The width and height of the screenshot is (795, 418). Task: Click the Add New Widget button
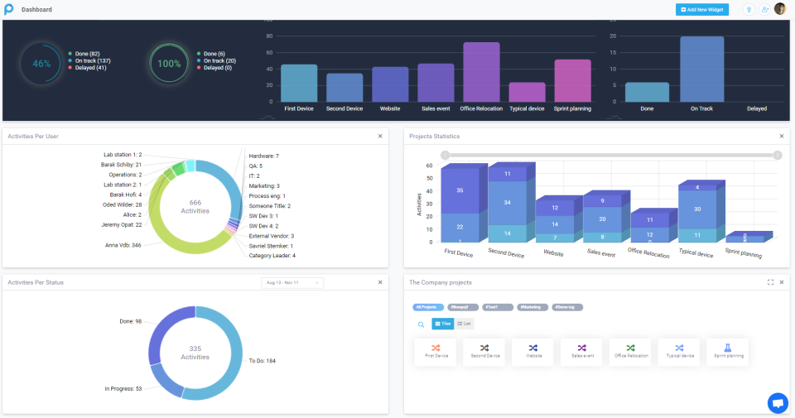click(702, 9)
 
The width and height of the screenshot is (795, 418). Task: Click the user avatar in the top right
click(779, 9)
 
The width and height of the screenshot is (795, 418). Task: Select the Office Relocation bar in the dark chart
click(481, 72)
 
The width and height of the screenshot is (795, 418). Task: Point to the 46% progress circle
click(41, 64)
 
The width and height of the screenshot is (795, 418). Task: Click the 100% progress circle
click(169, 64)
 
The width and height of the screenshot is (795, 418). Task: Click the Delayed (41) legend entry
click(87, 68)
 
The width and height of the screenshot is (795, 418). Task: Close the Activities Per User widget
click(380, 136)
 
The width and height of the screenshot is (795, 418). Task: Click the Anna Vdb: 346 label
click(123, 245)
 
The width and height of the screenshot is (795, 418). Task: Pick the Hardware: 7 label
click(263, 156)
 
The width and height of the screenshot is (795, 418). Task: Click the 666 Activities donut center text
click(195, 207)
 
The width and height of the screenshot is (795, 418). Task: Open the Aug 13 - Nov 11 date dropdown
click(292, 282)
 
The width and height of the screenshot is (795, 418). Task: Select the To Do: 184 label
click(262, 361)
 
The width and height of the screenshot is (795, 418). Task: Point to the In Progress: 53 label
click(123, 388)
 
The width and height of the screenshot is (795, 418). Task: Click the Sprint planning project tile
click(727, 352)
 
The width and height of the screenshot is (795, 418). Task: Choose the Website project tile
click(532, 352)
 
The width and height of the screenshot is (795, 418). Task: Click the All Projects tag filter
click(426, 307)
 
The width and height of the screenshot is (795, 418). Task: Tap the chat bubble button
click(778, 402)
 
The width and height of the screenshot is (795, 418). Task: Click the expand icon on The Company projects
click(770, 282)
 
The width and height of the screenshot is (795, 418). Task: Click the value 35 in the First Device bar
click(460, 190)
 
